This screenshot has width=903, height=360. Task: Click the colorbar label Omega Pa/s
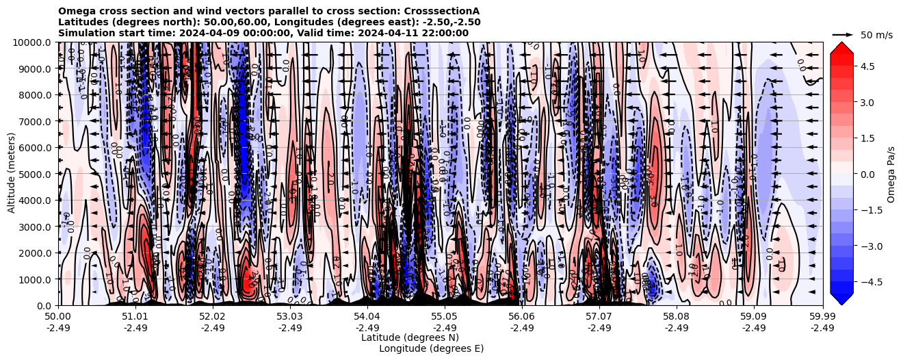click(891, 174)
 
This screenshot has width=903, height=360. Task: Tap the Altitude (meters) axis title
click(12, 174)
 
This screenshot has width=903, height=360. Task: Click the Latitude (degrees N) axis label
click(410, 337)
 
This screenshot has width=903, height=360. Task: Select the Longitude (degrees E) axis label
click(431, 348)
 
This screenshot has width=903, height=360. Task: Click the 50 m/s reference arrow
click(842, 34)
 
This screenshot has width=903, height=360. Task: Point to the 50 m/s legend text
click(876, 34)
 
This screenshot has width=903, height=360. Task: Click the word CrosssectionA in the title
click(444, 11)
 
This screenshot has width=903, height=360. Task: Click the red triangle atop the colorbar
click(841, 47)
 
